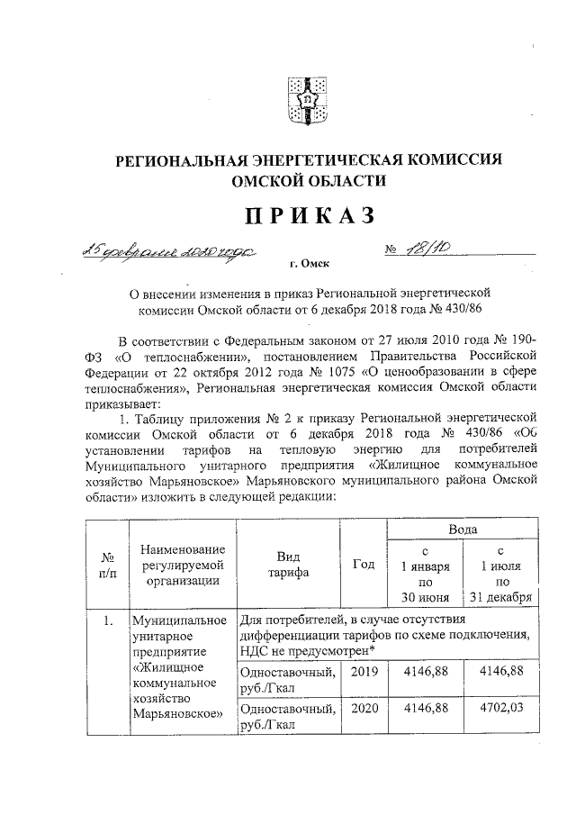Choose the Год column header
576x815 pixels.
click(364, 564)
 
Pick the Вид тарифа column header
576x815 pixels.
click(288, 564)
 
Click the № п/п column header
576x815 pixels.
click(106, 564)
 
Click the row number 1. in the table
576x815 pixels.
click(106, 620)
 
